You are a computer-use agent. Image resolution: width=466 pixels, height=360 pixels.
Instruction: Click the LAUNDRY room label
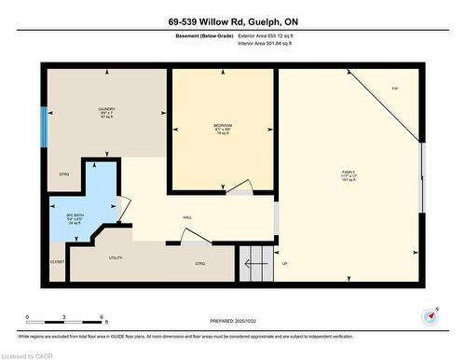tap(106, 110)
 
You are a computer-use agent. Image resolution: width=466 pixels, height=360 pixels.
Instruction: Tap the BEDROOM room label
tap(222, 126)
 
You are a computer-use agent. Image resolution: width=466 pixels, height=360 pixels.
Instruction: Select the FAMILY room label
tap(348, 173)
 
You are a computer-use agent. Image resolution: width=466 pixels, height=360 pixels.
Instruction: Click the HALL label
tap(187, 217)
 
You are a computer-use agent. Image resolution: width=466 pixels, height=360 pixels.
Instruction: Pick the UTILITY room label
tap(116, 257)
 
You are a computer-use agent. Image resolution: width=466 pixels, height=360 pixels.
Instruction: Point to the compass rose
tap(431, 315)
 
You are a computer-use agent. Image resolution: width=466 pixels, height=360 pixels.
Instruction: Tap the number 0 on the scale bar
tap(28, 318)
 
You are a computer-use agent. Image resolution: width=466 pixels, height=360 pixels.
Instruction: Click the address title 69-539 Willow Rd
tap(232, 21)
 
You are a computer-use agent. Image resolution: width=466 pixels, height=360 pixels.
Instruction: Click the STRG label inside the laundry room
tap(64, 175)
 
